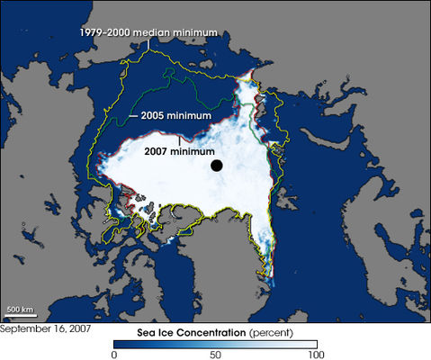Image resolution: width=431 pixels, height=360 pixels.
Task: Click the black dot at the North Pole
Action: tap(217, 165)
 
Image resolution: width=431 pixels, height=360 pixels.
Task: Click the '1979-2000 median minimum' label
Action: tap(148, 33)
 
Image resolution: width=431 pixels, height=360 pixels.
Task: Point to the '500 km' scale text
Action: tap(21, 311)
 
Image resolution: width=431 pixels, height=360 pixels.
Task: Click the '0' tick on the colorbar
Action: tap(113, 353)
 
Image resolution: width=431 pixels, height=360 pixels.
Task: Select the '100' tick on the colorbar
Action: tap(315, 353)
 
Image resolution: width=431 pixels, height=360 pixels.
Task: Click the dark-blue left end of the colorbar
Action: tap(118, 342)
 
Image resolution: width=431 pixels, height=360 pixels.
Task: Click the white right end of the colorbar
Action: tap(311, 342)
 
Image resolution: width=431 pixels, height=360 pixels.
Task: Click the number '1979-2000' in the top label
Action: tap(106, 33)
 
